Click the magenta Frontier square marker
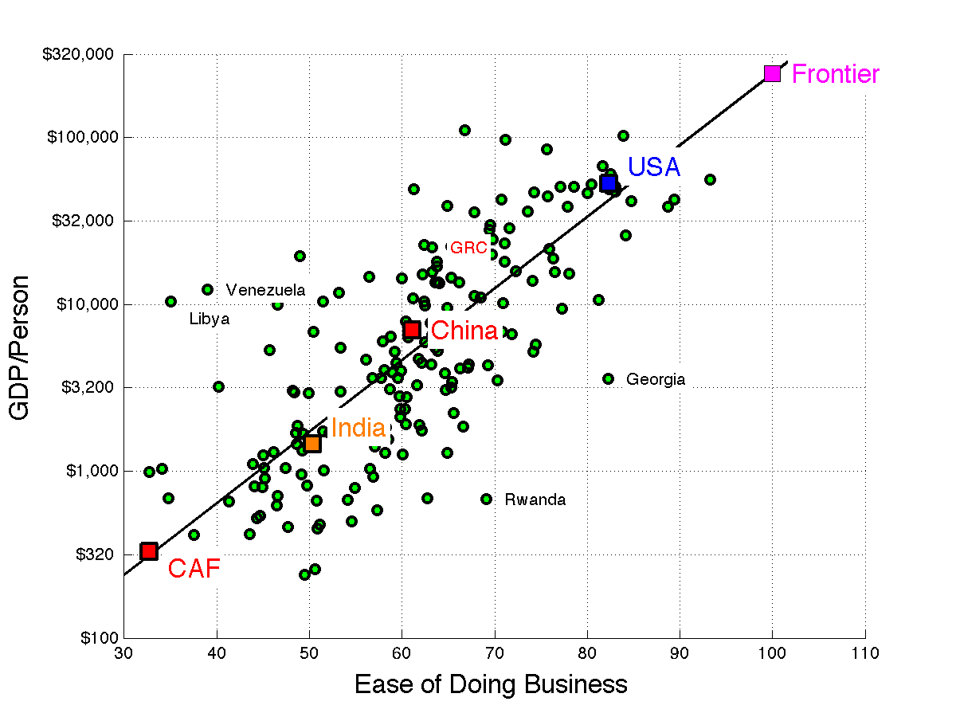772,73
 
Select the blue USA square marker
608,183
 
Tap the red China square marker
412,330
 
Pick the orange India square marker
312,444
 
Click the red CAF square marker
149,551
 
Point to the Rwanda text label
535,500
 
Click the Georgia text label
656,379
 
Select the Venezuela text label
265,290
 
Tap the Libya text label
210,319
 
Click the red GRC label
468,248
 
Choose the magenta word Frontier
836,74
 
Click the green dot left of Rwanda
486,499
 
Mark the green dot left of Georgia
608,378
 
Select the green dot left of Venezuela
207,289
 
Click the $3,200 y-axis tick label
88,387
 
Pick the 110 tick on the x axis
865,654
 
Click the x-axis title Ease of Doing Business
491,684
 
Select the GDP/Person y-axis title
19,348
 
